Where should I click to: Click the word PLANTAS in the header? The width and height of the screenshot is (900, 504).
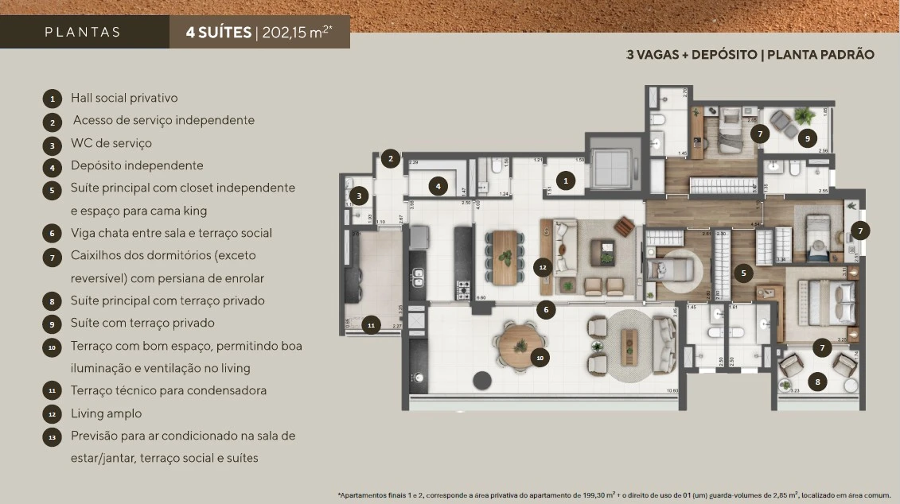[x=83, y=33]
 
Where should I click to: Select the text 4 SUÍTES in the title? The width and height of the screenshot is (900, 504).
[x=217, y=33]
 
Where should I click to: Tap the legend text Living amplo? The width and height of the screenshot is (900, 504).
[x=106, y=413]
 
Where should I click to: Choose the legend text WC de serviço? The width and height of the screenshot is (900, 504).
[x=111, y=143]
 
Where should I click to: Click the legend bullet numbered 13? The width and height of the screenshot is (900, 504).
[x=52, y=436]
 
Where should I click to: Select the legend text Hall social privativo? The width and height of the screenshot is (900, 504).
[x=124, y=98]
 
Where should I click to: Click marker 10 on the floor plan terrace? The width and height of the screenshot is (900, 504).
[x=540, y=358]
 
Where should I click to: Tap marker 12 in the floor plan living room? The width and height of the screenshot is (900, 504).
[x=543, y=267]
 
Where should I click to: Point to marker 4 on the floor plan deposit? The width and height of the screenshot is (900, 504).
[x=438, y=186]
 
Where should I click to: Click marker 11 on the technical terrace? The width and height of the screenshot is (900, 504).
[x=371, y=324]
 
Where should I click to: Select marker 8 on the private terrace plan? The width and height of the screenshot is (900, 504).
[x=817, y=382]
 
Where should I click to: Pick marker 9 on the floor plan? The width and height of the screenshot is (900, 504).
[x=807, y=138]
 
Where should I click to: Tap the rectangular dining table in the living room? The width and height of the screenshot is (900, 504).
[x=505, y=257]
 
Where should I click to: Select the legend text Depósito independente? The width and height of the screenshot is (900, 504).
[x=137, y=165]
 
